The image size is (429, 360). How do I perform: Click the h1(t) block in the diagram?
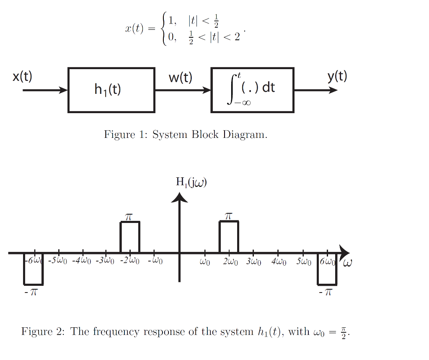[x=111, y=90]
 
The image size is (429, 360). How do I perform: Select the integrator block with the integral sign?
[x=252, y=90]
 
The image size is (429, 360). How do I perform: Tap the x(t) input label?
[x=22, y=77]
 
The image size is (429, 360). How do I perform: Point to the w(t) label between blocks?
[x=181, y=77]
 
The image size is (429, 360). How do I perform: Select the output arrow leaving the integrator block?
[x=315, y=90]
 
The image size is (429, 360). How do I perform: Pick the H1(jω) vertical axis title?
[x=191, y=182]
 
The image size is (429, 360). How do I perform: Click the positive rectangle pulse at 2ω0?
[x=229, y=237]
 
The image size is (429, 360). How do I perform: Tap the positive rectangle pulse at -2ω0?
[x=130, y=237]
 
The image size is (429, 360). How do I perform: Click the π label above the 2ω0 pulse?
[x=228, y=216]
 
